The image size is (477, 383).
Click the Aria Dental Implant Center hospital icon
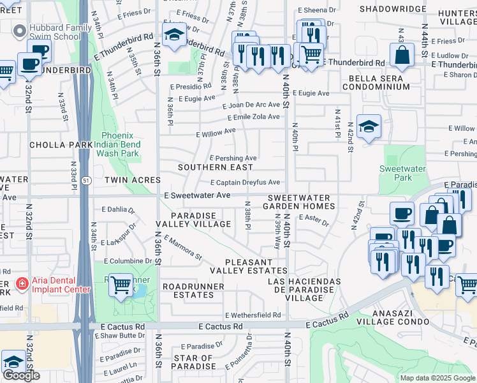[22, 282]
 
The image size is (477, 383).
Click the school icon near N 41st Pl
[369, 126]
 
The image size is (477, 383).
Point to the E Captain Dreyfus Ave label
[246, 183]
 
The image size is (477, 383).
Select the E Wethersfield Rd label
[253, 315]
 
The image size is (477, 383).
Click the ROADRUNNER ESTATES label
[193, 291]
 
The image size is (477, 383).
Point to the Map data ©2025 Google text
[437, 378]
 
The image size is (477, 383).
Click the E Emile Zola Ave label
[254, 117]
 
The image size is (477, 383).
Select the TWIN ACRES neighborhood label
[133, 181]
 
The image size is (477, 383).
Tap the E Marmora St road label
[182, 248]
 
